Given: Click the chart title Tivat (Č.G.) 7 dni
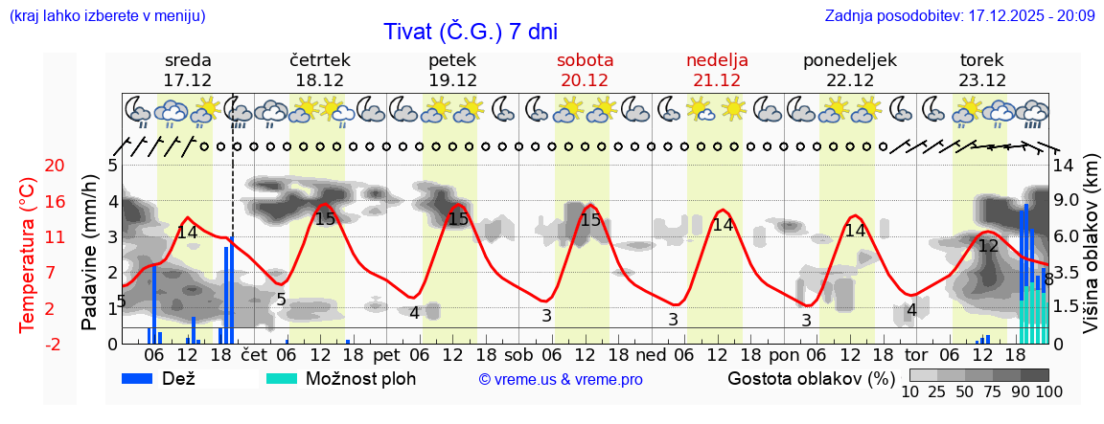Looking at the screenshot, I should (x=470, y=31).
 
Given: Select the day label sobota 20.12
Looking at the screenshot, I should (x=585, y=70).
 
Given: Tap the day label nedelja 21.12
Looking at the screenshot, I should (x=717, y=70).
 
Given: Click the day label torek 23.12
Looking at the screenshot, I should (x=982, y=70).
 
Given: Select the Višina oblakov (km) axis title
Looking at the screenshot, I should (x=1091, y=245).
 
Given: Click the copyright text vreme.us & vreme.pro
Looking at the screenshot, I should (x=560, y=379).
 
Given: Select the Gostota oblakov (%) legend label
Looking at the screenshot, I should (x=811, y=378).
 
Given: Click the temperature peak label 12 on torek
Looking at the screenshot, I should (x=988, y=246).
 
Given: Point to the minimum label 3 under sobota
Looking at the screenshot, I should (x=546, y=315).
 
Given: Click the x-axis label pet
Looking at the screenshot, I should (x=387, y=353).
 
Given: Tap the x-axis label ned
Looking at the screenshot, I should (x=652, y=353).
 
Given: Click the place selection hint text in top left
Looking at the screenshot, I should (x=105, y=16).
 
